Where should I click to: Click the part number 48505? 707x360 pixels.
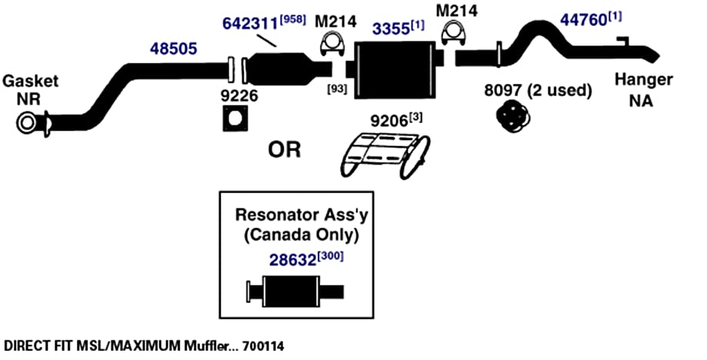point(174,48)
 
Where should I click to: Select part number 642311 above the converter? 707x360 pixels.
point(250,23)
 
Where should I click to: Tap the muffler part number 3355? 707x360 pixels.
point(391,28)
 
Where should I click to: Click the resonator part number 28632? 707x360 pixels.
point(292,260)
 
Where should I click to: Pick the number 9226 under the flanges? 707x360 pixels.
point(239,95)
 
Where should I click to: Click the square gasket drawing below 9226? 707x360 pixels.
point(236,118)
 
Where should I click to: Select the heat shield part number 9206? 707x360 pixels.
point(389,121)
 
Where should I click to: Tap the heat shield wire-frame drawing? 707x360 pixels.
point(383,155)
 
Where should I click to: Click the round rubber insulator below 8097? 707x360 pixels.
point(512,117)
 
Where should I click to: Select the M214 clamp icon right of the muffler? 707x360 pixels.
point(453,34)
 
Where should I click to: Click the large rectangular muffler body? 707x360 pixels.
point(395,69)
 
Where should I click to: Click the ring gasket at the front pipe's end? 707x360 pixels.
point(27,123)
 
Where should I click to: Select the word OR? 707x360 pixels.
point(284,149)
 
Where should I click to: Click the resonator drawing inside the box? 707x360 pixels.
point(295,292)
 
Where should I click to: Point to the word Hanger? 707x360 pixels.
point(644,80)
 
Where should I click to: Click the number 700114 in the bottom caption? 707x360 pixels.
point(263,346)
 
